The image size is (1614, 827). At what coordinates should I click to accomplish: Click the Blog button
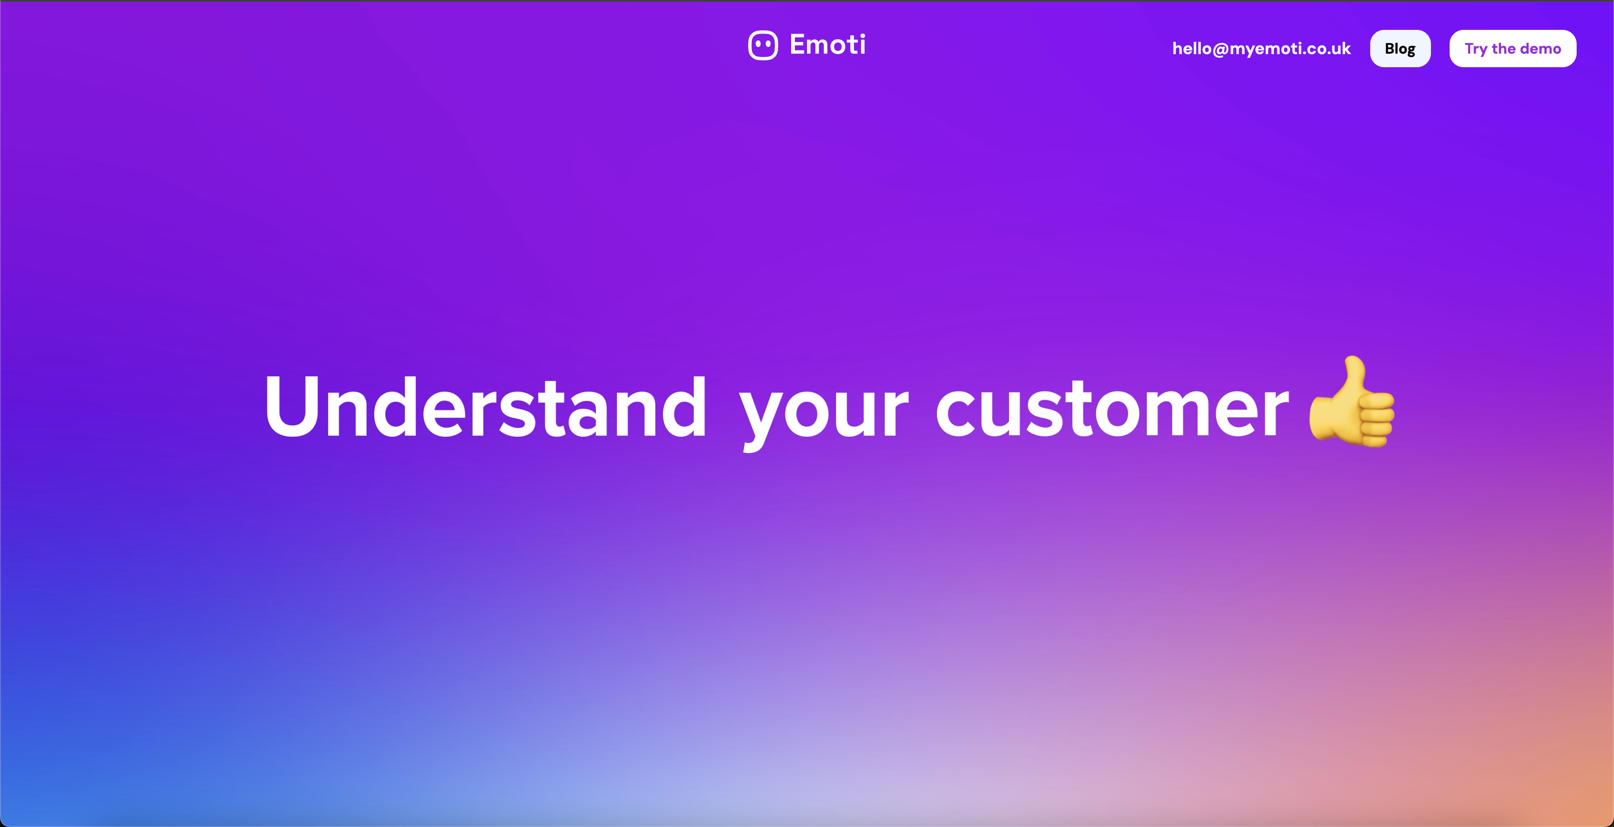click(x=1400, y=49)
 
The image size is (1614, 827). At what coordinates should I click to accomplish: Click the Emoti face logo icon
click(x=763, y=46)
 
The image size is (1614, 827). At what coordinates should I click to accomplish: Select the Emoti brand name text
click(x=827, y=44)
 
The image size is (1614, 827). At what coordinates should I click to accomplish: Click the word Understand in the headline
click(x=486, y=407)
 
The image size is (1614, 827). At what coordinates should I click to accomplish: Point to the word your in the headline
click(x=823, y=410)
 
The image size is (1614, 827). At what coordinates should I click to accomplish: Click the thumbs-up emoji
click(x=1352, y=404)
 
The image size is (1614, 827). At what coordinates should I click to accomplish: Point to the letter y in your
click(x=759, y=416)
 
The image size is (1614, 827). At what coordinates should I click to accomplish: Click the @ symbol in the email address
click(x=1220, y=49)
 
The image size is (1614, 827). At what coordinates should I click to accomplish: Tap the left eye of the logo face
click(x=757, y=44)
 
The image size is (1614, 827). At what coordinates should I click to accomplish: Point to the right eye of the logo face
click(x=768, y=44)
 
